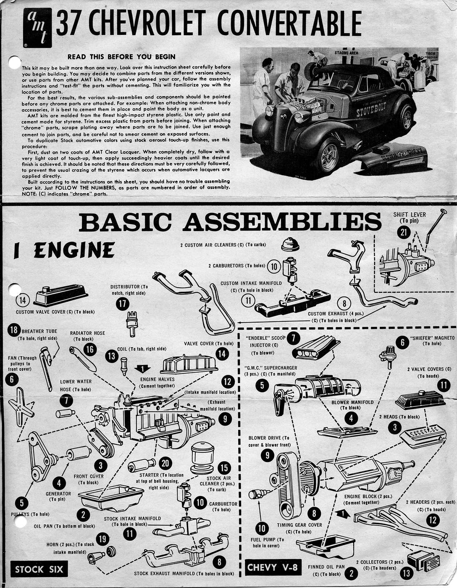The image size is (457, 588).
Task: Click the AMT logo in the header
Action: coord(37,27)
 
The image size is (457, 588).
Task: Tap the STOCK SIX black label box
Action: coord(39,570)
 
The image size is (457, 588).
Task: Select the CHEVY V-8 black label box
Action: coord(273,568)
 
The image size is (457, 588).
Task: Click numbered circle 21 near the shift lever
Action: coord(404,232)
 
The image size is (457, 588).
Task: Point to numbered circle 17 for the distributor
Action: coord(122,304)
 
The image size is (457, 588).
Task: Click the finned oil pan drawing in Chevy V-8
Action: coord(325,546)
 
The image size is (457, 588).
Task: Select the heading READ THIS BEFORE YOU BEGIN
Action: coord(121,57)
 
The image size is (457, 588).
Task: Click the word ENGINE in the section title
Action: coord(74,250)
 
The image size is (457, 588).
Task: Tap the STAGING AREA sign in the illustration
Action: coord(346,53)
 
